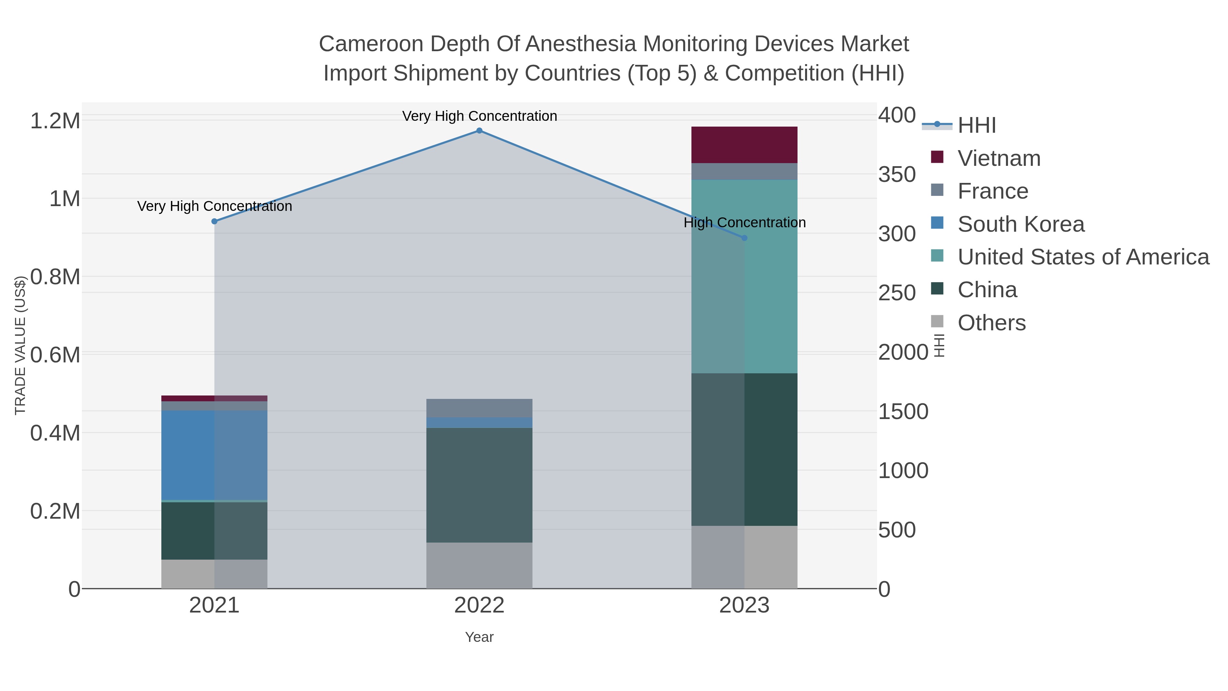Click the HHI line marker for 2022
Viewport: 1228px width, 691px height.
pyautogui.click(x=479, y=131)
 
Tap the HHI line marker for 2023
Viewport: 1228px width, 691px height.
pyautogui.click(x=744, y=238)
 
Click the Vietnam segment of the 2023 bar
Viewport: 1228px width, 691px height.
pyautogui.click(x=744, y=145)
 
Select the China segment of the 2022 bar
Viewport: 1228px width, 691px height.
pyautogui.click(x=479, y=485)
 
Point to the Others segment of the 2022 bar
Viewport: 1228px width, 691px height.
pyautogui.click(x=479, y=565)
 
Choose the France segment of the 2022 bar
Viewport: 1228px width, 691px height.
pyautogui.click(x=479, y=408)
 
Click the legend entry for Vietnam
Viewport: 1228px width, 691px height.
pyautogui.click(x=999, y=158)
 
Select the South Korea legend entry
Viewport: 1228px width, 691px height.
pyautogui.click(x=1021, y=224)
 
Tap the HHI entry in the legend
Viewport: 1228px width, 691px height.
pyautogui.click(x=976, y=126)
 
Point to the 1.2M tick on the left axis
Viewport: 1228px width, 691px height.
pyautogui.click(x=55, y=121)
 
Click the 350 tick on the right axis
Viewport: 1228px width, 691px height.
pyautogui.click(x=897, y=174)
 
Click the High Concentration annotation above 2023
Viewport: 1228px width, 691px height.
pyautogui.click(x=744, y=223)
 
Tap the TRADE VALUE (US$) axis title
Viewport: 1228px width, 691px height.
pyautogui.click(x=20, y=345)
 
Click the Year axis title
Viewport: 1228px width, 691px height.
pyautogui.click(x=479, y=637)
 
